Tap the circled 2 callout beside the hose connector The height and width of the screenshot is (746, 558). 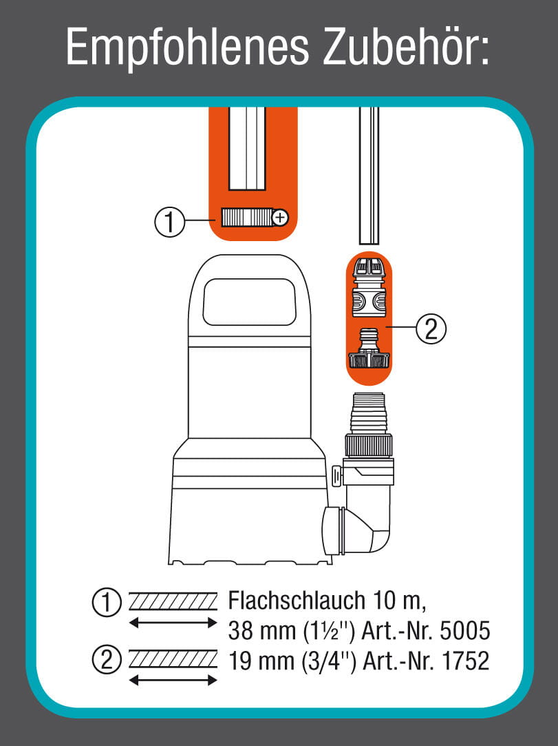coord(431,329)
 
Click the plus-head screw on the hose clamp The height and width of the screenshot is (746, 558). coord(280,218)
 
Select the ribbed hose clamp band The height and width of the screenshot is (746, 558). coord(246,219)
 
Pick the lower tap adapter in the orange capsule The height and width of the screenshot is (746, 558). coord(369,350)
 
